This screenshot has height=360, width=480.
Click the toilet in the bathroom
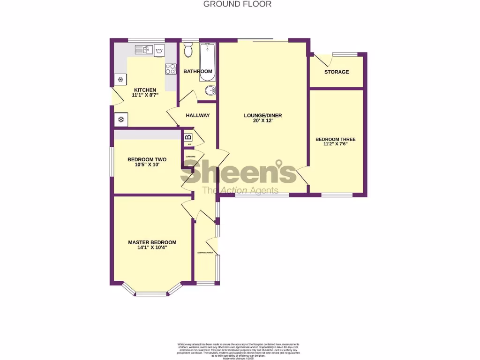pyautogui.click(x=188, y=50)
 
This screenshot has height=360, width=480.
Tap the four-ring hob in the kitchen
pyautogui.click(x=170, y=69)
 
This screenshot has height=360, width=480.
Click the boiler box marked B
pyautogui.click(x=188, y=137)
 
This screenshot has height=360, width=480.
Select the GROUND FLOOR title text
pyautogui.click(x=237, y=4)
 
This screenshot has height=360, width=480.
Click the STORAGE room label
pyautogui.click(x=337, y=72)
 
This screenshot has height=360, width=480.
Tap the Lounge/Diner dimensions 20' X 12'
pyautogui.click(x=262, y=121)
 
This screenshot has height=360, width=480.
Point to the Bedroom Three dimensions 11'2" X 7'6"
pyautogui.click(x=335, y=144)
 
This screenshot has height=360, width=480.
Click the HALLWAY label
pyautogui.click(x=198, y=115)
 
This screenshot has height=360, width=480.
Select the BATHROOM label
pyautogui.click(x=198, y=71)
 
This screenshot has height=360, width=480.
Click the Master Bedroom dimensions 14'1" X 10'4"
pyautogui.click(x=152, y=248)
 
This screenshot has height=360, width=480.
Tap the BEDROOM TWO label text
pyautogui.click(x=147, y=159)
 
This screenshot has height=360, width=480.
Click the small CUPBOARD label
pyautogui.click(x=190, y=157)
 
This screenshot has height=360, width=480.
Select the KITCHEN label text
pyautogui.click(x=145, y=90)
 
